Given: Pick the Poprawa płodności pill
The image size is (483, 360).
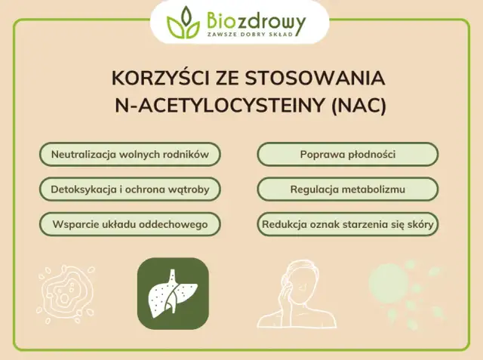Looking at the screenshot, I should click(348, 155).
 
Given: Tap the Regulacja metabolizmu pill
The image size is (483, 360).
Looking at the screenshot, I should click(348, 189).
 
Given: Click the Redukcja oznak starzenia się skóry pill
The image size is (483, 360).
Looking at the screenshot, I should click(348, 224).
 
